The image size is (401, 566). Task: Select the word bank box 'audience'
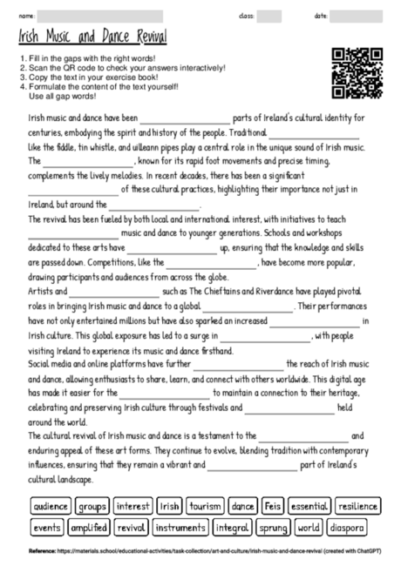(x=51, y=505)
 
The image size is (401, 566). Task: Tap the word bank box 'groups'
(x=92, y=505)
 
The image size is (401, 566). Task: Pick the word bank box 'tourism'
(x=206, y=505)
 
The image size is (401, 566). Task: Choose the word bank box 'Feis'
(x=273, y=505)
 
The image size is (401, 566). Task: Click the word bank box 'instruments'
(x=180, y=527)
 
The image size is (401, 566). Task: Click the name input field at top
(x=100, y=16)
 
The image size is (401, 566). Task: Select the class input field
(x=268, y=16)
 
